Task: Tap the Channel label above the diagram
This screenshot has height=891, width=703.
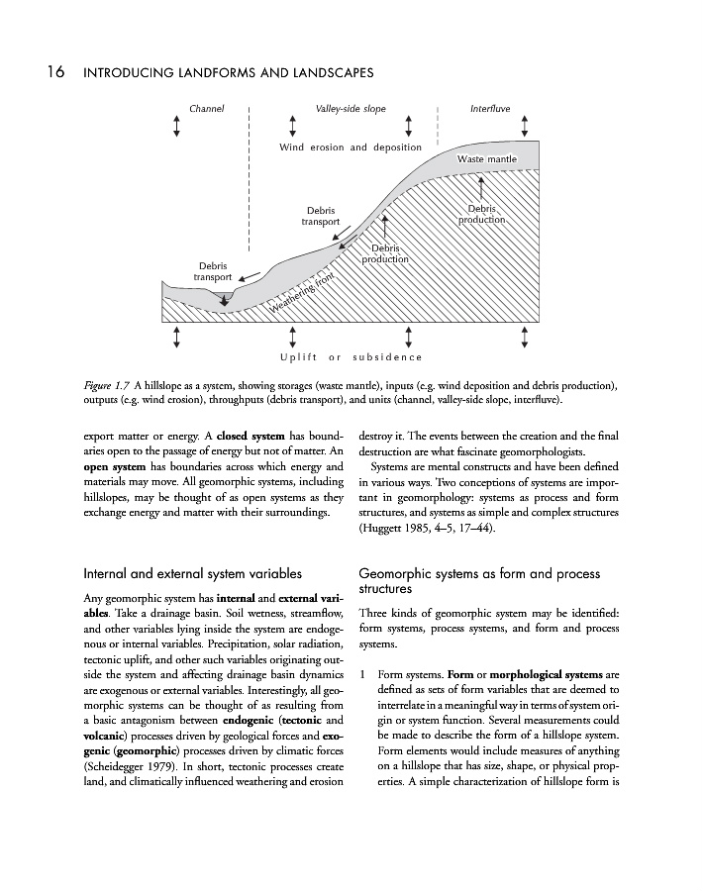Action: [x=207, y=107]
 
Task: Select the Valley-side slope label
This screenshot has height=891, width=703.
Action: [x=350, y=107]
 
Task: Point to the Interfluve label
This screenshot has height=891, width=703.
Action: [x=490, y=107]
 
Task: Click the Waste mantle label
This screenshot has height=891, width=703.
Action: [x=487, y=158]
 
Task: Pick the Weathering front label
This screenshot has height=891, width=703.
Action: [x=304, y=294]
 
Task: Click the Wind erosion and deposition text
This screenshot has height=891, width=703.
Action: [x=351, y=148]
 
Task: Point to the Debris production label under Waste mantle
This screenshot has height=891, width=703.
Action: [x=481, y=214]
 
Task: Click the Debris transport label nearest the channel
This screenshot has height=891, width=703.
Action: [x=213, y=271]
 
